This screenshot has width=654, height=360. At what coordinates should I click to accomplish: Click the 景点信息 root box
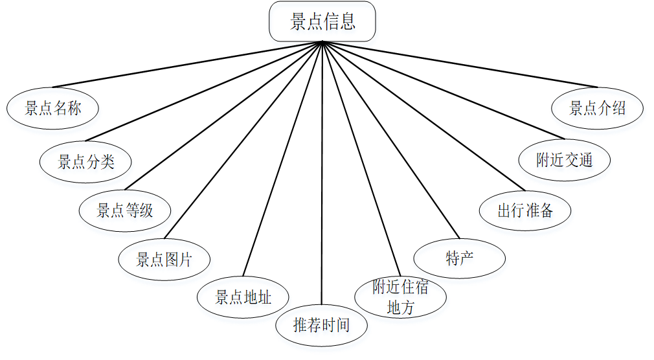click(x=322, y=22)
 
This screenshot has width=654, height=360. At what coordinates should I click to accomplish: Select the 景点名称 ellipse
click(x=53, y=108)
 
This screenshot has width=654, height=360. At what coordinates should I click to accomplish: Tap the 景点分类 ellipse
click(x=86, y=161)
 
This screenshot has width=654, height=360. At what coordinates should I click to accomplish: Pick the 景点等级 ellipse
click(x=125, y=210)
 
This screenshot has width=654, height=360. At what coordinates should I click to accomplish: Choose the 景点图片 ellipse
click(x=164, y=260)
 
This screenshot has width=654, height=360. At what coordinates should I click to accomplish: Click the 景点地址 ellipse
click(x=243, y=297)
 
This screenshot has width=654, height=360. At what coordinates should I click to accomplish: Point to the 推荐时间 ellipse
click(x=321, y=324)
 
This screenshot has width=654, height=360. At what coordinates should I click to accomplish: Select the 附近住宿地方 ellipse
click(x=400, y=297)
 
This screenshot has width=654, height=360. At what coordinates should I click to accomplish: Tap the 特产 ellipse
click(x=459, y=259)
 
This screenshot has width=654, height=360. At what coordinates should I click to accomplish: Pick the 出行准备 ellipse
click(x=525, y=210)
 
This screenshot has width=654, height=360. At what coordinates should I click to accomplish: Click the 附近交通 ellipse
click(x=565, y=159)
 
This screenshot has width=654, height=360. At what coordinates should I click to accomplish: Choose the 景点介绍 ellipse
click(x=597, y=108)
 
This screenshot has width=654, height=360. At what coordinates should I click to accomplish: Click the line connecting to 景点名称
click(x=188, y=64)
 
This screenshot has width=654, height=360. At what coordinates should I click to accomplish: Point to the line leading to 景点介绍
click(x=460, y=65)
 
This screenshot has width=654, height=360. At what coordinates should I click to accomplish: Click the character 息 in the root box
click(x=348, y=22)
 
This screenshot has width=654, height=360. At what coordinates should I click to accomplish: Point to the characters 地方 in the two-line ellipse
click(x=400, y=308)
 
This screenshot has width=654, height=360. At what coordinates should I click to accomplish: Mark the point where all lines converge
click(x=322, y=42)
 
